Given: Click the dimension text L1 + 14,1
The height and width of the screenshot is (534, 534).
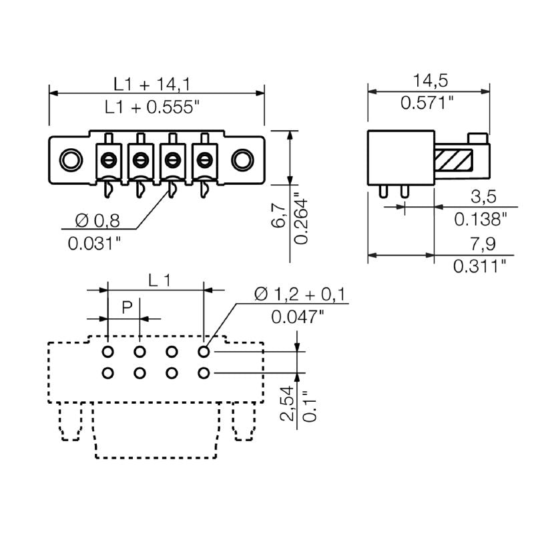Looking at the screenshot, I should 152,83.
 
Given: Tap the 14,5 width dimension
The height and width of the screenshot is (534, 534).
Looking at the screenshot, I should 429,81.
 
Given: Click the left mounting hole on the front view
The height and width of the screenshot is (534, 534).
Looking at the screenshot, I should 69,160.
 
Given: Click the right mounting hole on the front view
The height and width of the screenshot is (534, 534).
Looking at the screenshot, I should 242,160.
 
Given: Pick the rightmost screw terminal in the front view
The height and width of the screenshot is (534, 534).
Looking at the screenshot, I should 203,160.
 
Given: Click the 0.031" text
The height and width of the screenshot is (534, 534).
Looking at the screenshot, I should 95,243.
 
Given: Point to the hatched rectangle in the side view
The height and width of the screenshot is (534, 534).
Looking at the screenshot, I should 454,160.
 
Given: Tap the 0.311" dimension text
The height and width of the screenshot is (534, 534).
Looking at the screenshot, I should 480,266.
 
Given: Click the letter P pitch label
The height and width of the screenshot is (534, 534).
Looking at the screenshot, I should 127,308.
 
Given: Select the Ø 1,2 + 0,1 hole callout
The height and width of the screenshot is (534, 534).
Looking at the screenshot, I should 300,294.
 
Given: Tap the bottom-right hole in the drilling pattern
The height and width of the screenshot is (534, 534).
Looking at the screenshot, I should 204,372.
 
